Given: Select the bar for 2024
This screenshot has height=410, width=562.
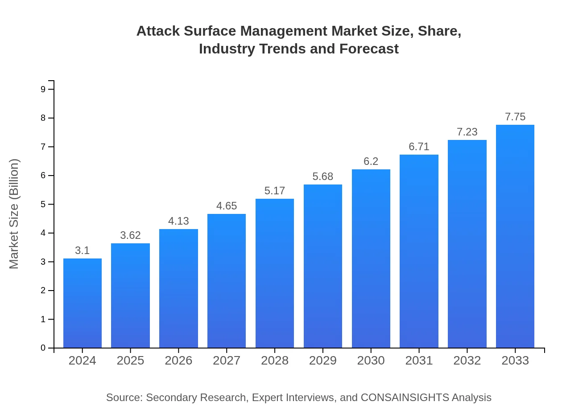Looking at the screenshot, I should click(83, 303).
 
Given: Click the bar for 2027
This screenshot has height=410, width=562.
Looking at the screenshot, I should click(227, 281).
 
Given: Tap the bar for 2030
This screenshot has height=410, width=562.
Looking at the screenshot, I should click(371, 258).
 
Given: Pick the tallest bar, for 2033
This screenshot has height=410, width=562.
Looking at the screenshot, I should click(515, 236).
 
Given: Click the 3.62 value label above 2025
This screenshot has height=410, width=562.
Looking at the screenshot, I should click(130, 235).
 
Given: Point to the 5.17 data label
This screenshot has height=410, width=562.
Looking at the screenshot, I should click(275, 191).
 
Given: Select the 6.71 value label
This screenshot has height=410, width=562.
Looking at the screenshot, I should click(419, 147).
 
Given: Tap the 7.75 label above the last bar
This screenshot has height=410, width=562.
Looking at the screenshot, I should click(515, 117).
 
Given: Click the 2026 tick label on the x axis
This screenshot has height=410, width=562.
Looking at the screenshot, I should click(178, 361).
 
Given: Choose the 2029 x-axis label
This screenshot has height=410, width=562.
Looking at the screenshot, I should click(323, 361).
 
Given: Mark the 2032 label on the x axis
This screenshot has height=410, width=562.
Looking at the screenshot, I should click(467, 361).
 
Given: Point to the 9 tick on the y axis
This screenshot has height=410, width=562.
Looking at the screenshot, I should click(43, 89).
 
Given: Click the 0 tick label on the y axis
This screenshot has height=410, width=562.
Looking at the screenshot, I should click(43, 348).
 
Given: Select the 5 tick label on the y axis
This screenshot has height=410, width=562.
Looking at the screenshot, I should click(43, 204).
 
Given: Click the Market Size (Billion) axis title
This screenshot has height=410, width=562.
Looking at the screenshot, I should click(14, 214).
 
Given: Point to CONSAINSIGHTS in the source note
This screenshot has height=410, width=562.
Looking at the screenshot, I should click(404, 398).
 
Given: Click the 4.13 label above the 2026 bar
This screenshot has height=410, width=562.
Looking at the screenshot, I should click(178, 221).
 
